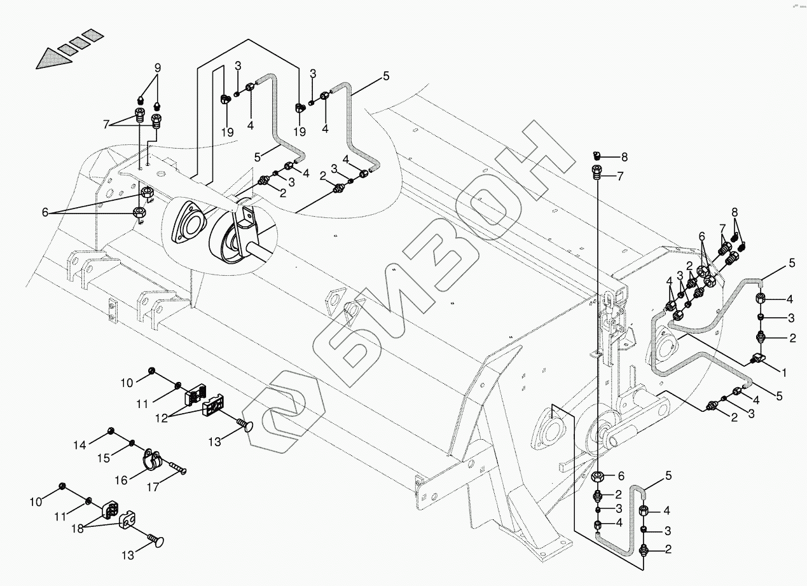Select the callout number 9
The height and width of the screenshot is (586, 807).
point(157,67)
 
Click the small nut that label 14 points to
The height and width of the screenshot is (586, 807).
point(111,432)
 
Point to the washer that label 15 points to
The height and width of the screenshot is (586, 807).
point(131,442)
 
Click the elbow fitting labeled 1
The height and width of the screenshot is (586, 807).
point(761,359)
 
